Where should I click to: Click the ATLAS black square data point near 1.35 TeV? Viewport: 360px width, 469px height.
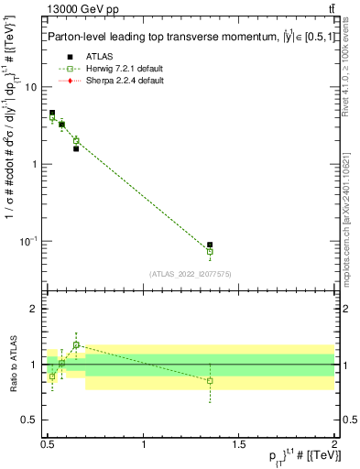(x=210, y=245)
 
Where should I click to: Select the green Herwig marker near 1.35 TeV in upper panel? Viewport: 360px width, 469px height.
(x=210, y=251)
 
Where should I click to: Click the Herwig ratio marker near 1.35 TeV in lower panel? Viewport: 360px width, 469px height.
(x=210, y=380)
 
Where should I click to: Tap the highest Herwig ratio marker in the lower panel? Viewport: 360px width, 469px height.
(x=76, y=345)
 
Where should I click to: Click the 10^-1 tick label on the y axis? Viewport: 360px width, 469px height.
(x=27, y=241)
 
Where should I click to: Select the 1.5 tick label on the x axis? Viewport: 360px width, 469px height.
(x=239, y=444)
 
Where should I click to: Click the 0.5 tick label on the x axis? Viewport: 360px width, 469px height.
(x=48, y=444)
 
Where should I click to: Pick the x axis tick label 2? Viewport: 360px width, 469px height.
(x=334, y=444)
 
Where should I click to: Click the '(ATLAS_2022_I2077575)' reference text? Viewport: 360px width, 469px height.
(x=191, y=273)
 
